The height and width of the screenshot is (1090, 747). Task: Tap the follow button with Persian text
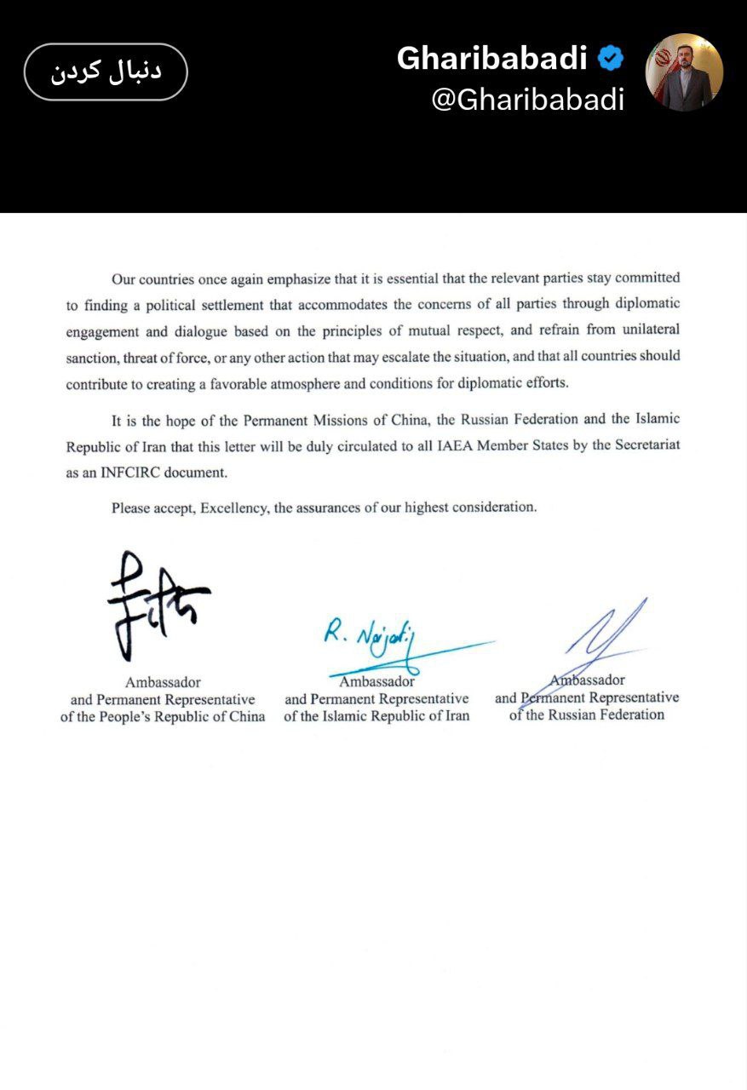(x=106, y=72)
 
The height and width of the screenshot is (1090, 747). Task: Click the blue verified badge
(x=611, y=58)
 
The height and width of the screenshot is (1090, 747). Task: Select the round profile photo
(x=684, y=72)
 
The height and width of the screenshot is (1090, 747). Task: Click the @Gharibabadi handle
(x=528, y=100)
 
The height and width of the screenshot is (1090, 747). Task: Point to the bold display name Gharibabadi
(x=492, y=58)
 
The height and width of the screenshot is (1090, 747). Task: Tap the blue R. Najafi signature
(x=368, y=637)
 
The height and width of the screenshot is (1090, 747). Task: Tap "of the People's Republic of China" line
(x=163, y=716)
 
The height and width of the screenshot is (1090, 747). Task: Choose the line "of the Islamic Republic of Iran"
(x=376, y=716)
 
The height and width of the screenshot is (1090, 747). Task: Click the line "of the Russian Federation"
(x=587, y=714)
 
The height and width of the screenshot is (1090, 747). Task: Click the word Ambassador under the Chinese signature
(x=163, y=682)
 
